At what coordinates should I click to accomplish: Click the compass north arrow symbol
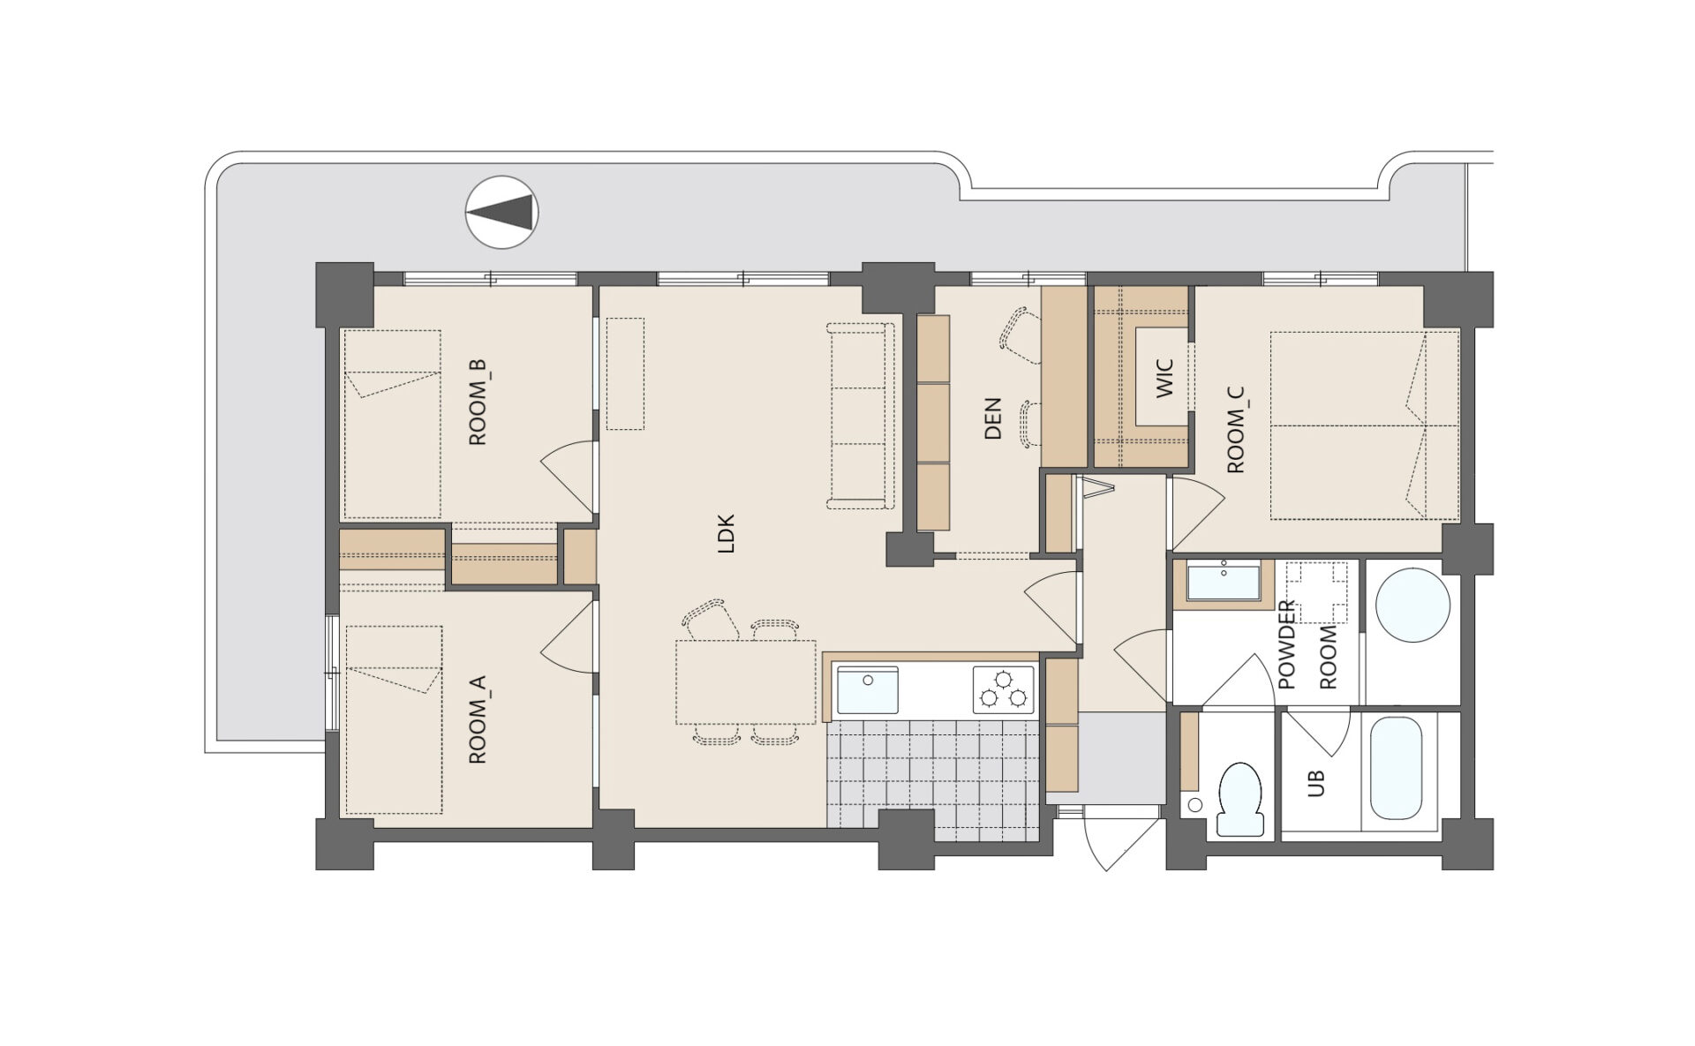click(501, 212)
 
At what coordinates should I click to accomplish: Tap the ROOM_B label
click(477, 402)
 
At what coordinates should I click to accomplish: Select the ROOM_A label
click(477, 719)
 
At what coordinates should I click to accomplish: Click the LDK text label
click(727, 533)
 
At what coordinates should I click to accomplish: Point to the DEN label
click(993, 418)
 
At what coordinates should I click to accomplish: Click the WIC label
click(1164, 378)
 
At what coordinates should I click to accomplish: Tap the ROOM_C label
click(1236, 429)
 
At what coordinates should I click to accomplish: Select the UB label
click(1315, 783)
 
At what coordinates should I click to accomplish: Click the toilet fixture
click(1240, 799)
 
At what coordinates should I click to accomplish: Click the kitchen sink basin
click(867, 689)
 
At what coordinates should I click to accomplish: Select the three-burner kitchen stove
click(1004, 689)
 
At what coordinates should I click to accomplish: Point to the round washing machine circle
click(1413, 605)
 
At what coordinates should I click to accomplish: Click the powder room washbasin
click(1223, 583)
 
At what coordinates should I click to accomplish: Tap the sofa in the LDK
click(861, 416)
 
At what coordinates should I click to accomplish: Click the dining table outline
click(746, 682)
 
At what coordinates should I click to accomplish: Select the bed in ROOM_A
click(394, 719)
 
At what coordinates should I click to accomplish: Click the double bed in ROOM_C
click(1365, 425)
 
